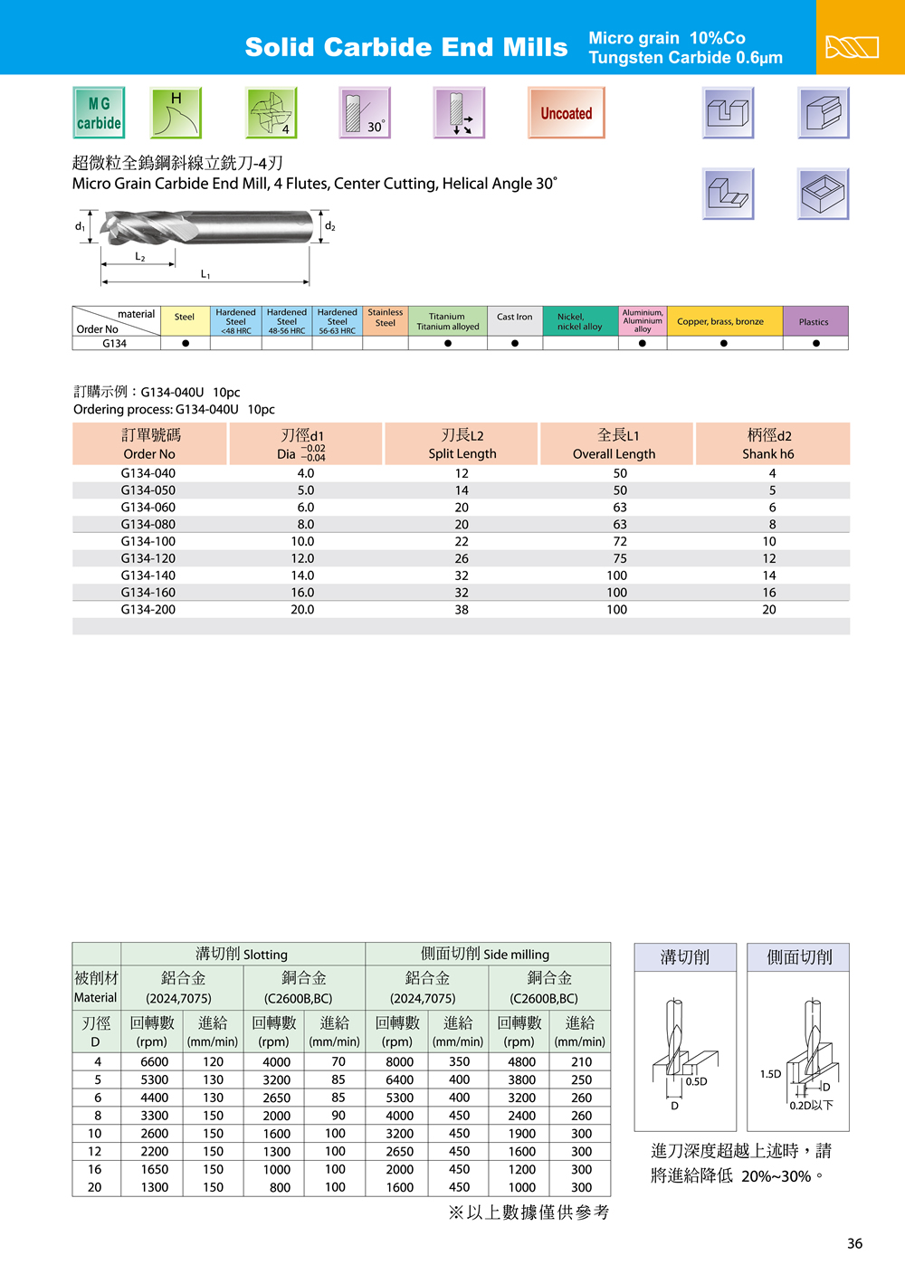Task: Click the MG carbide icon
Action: pos(99,113)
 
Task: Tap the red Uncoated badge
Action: pos(567,113)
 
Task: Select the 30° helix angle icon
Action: pos(365,113)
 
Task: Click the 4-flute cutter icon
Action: pos(271,113)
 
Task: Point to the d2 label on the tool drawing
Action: pos(330,226)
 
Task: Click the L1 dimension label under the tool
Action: pos(205,275)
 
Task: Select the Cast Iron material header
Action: pos(514,318)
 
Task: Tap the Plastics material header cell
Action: pos(814,322)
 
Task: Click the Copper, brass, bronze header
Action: pos(720,322)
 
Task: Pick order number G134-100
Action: pos(148,541)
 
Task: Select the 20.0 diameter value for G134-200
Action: pos(302,610)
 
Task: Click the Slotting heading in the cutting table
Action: pos(242,954)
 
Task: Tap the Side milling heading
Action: pos(485,954)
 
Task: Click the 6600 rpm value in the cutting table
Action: pos(155,1062)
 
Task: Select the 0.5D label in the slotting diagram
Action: pos(696,1081)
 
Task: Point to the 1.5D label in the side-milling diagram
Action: pos(770,1074)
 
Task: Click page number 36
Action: pos(854,1243)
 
